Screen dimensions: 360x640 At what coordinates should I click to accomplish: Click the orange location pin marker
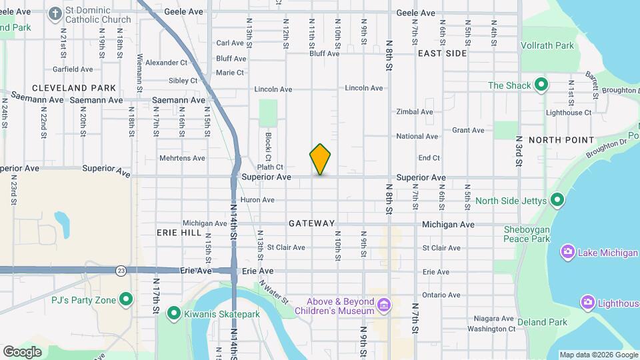(321, 159)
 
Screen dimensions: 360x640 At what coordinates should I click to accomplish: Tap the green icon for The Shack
(541, 85)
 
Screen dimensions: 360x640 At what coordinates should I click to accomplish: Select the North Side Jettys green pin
(558, 200)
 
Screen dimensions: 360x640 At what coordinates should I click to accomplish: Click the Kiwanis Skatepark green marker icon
(174, 313)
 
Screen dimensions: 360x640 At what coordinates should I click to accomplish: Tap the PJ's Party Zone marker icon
(125, 299)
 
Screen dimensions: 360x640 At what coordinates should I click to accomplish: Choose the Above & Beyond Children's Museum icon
(383, 306)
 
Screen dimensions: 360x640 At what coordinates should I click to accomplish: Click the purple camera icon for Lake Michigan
(568, 251)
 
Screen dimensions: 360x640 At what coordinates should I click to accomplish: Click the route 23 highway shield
(120, 271)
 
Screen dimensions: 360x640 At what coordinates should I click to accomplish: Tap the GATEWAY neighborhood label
(311, 223)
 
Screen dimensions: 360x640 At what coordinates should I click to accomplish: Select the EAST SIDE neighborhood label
(442, 53)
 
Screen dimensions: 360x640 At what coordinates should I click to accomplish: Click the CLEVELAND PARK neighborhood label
(73, 87)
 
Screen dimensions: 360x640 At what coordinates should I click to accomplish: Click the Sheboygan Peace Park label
(527, 234)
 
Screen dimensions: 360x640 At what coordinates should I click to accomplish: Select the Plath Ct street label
(271, 167)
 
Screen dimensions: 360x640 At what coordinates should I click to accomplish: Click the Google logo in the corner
(22, 352)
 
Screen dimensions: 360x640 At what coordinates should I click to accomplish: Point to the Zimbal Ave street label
(415, 112)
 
